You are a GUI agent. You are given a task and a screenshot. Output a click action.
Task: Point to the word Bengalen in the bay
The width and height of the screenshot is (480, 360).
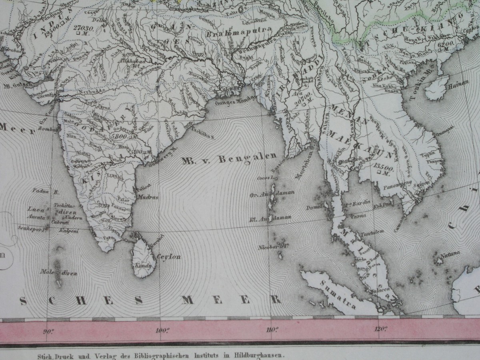[x=248, y=158]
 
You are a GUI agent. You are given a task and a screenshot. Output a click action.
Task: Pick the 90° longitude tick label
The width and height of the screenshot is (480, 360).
[x=49, y=331]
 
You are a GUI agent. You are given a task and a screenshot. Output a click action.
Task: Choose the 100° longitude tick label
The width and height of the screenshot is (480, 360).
[x=162, y=330]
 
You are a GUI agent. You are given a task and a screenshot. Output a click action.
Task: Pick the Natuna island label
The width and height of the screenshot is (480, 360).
[x=450, y=254]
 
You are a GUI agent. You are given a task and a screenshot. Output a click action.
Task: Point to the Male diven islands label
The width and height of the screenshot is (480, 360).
[x=58, y=273]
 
